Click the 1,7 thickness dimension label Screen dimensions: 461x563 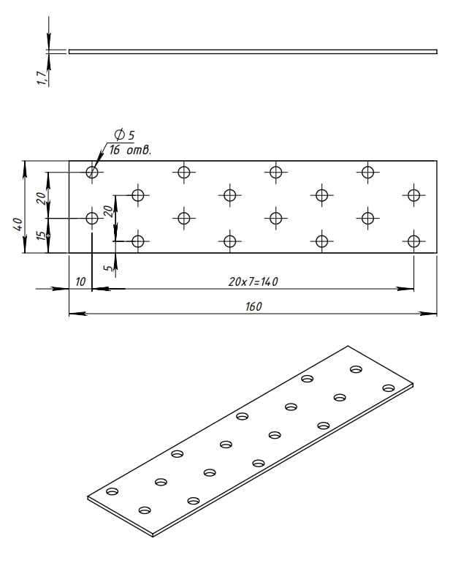coord(42,78)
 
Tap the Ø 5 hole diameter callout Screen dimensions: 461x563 coord(124,135)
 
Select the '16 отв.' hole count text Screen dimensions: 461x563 coord(130,150)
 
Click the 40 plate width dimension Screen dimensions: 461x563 coord(18,224)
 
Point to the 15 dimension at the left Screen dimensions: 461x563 coord(42,235)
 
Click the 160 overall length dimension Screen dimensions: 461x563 coord(254,306)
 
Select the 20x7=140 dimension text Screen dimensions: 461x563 coord(254,281)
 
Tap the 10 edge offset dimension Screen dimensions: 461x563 coord(80,281)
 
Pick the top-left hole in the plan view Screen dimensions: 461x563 coord(92,172)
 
